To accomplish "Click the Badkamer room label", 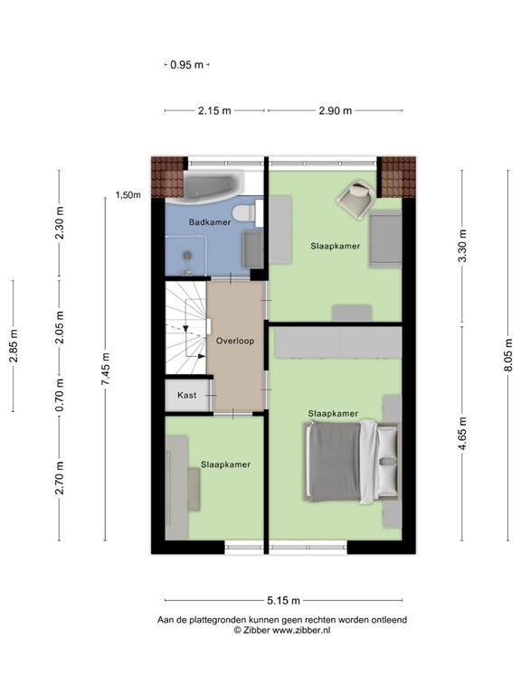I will click(x=210, y=221).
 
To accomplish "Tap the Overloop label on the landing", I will click(x=235, y=342).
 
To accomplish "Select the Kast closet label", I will click(x=187, y=395).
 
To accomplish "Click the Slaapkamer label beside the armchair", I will click(x=336, y=245).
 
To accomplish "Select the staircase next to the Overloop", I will click(x=185, y=330).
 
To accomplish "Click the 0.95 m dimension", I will click(x=187, y=65).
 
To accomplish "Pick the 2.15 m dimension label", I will click(x=214, y=110).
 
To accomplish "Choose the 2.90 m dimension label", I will click(x=335, y=110).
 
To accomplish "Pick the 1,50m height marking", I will click(x=128, y=195).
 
